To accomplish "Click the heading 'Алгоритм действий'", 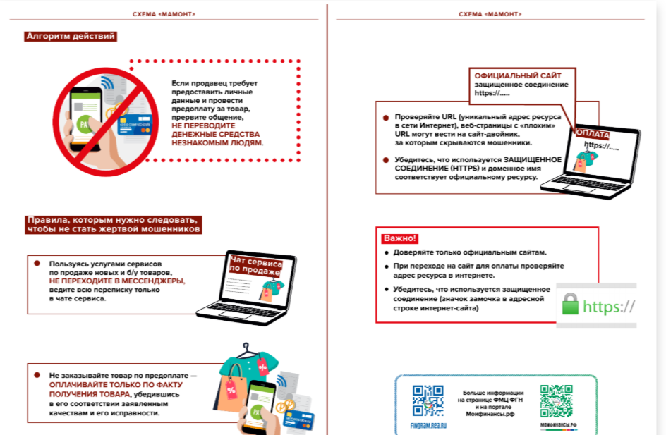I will pos(70,36).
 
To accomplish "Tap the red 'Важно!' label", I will pos(400,238).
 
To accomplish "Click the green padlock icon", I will pos(569,306).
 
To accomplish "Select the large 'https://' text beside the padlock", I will pos(609,307).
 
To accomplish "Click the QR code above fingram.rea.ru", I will pos(428,400).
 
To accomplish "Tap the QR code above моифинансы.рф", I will pos(557,400).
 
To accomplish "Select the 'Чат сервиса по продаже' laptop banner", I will pos(255,265).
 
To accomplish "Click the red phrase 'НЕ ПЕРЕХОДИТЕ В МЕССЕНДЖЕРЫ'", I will pos(116,281).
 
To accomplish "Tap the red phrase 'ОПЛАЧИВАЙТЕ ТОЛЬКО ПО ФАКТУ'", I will pos(116,385).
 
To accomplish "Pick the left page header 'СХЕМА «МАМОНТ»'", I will pos(164,14).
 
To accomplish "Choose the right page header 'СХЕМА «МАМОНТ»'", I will pos(490,14).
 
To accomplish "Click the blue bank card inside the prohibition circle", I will pos(137,125).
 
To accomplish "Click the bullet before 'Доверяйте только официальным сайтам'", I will pos(386,252).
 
